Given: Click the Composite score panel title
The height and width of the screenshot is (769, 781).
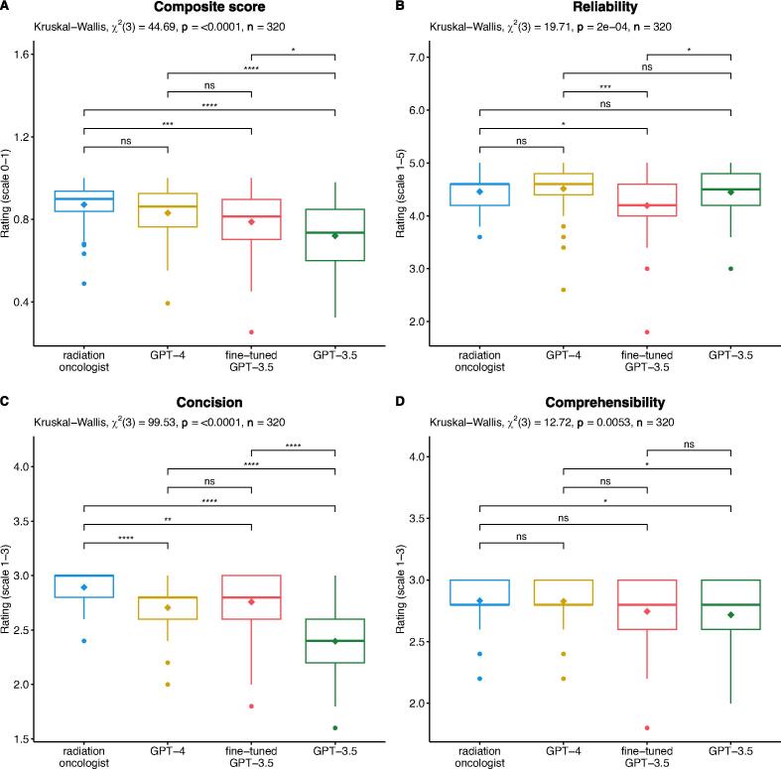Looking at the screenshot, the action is (x=209, y=7).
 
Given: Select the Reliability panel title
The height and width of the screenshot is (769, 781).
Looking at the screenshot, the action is (x=605, y=7).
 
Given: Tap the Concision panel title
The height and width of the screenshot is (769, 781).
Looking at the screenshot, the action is (x=209, y=403).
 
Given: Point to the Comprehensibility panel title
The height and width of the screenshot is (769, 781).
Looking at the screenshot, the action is (x=605, y=403).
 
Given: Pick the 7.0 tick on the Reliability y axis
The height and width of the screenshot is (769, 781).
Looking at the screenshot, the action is (x=419, y=58).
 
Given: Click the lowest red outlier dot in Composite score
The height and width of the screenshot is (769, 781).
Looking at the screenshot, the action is (x=251, y=331).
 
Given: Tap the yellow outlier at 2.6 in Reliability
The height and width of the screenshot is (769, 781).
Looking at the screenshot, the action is (x=564, y=290).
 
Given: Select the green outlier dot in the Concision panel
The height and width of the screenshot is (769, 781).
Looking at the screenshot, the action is (x=335, y=727).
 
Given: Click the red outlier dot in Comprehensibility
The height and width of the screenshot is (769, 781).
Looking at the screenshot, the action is (x=647, y=727).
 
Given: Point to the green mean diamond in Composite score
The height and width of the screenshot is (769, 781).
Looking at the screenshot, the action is (x=335, y=235).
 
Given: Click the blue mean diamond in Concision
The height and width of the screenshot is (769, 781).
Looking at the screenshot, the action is (x=84, y=587).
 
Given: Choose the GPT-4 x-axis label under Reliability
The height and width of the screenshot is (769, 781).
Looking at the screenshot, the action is (x=564, y=355).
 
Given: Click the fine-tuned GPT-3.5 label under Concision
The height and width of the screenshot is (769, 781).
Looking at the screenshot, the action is (x=251, y=756).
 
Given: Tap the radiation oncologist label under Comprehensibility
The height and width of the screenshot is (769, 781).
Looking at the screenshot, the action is (x=479, y=756).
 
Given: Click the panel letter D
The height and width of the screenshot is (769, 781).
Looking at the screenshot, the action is (x=400, y=402).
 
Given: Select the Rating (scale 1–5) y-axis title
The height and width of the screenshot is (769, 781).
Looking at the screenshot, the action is (x=401, y=193).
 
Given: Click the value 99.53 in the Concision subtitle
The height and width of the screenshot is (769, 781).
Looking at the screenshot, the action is (x=162, y=423).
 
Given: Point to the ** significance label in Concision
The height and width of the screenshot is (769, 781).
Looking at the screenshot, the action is (x=168, y=520).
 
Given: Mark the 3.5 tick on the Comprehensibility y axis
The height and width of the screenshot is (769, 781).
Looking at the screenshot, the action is (x=419, y=519).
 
